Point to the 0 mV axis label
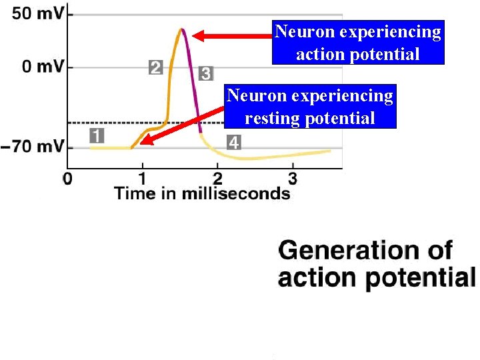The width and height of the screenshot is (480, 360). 41,67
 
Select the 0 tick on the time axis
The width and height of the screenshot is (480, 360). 67,178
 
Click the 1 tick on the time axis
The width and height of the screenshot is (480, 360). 142,178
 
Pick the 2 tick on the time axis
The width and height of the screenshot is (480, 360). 217,178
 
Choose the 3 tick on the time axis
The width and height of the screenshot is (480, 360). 292,178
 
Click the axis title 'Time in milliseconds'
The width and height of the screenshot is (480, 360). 202,193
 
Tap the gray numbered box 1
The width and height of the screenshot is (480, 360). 97,136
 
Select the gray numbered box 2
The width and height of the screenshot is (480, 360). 155,67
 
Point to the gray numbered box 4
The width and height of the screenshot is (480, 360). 233,142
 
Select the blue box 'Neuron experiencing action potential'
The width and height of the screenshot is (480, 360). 358,42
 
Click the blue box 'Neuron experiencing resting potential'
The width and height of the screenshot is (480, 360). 310,106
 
